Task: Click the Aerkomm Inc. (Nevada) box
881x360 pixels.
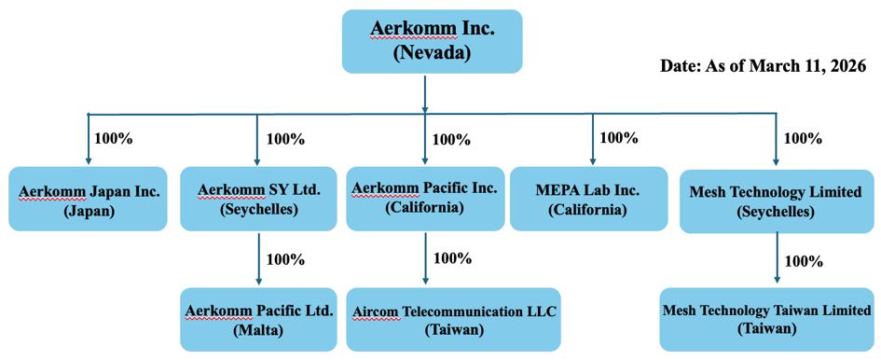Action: (432, 41)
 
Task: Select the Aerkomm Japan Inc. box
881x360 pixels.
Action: (88, 199)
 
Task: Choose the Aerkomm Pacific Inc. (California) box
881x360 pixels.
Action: (425, 199)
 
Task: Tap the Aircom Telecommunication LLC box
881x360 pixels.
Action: (453, 320)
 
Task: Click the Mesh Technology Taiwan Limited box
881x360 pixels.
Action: (768, 320)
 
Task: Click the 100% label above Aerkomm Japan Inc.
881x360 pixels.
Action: (114, 138)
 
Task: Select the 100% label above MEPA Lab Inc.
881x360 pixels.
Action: (619, 137)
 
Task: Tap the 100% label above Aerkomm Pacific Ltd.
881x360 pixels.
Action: (285, 260)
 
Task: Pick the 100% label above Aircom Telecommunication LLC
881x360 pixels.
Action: (452, 258)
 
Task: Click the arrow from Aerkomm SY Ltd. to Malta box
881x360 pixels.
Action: (258, 259)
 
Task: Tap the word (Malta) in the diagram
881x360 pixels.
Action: (259, 331)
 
